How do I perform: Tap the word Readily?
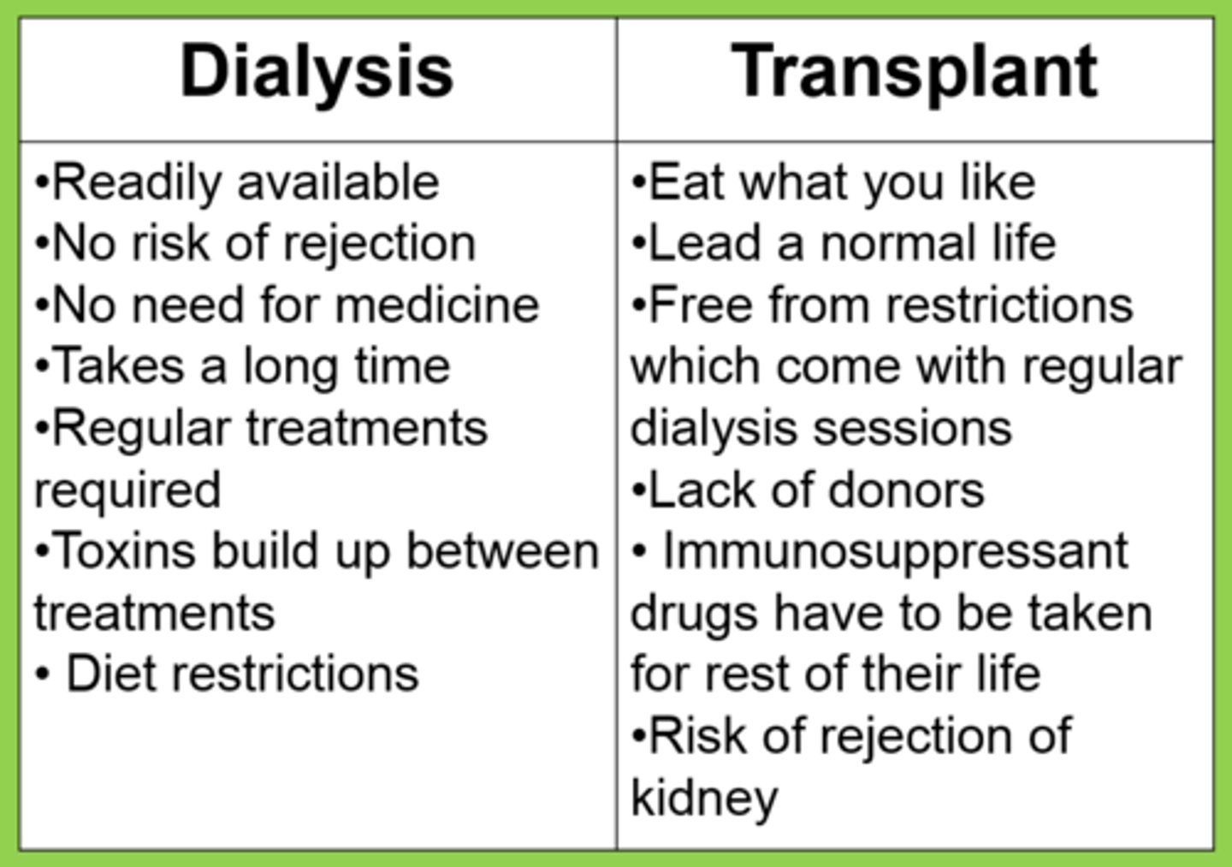(x=137, y=183)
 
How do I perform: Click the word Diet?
(x=109, y=674)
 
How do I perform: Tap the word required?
(x=127, y=490)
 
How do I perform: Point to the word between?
(x=502, y=551)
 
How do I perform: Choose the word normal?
(x=898, y=244)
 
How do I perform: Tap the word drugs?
(x=694, y=613)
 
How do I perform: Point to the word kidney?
(x=704, y=799)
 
